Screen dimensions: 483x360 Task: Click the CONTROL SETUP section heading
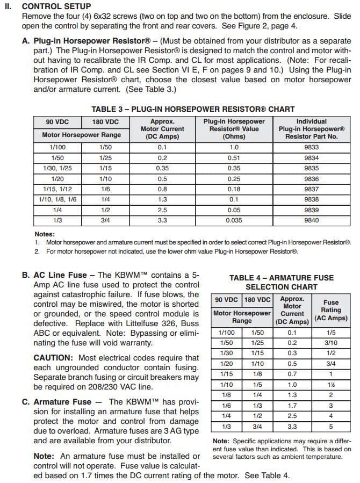56,6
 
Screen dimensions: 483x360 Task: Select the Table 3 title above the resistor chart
193,109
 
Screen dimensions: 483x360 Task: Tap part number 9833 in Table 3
311,147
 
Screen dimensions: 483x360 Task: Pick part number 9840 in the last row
311,220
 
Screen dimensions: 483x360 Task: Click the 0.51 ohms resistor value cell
234,158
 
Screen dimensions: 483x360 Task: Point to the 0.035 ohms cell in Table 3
234,220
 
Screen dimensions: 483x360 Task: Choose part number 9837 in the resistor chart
311,189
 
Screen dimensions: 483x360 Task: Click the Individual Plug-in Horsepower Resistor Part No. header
311,129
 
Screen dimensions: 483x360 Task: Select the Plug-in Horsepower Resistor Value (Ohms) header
234,129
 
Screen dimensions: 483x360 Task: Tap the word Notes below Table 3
45,234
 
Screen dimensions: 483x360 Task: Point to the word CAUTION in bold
54,358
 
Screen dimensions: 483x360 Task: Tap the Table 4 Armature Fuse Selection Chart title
281,282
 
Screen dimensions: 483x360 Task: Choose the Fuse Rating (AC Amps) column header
330,310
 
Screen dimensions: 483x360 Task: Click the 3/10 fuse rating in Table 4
331,343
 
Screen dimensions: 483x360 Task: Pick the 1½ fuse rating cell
331,385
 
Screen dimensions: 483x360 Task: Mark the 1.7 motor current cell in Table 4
292,406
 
